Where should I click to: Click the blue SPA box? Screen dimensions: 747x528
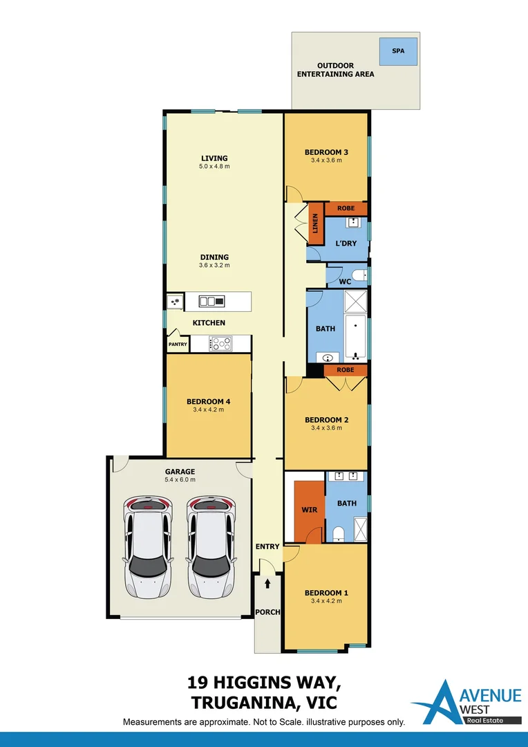(x=399, y=51)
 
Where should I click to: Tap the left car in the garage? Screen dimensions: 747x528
(x=147, y=546)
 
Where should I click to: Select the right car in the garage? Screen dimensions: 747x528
(x=211, y=546)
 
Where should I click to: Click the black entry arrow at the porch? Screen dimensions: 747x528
(x=267, y=584)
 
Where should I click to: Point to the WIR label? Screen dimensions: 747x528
(x=308, y=510)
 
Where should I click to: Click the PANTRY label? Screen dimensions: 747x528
(x=178, y=344)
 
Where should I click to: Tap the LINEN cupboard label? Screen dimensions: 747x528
(x=316, y=223)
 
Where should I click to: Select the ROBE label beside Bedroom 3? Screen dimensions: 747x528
(x=346, y=208)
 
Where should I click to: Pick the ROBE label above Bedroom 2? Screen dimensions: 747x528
(x=346, y=370)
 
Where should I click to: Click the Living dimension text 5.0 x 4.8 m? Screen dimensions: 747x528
(x=214, y=167)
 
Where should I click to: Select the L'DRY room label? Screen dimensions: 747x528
(x=346, y=243)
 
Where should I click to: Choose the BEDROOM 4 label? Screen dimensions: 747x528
(x=208, y=401)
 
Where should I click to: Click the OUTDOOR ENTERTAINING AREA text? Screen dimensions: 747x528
(x=335, y=70)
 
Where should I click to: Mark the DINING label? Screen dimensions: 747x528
(x=214, y=257)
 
